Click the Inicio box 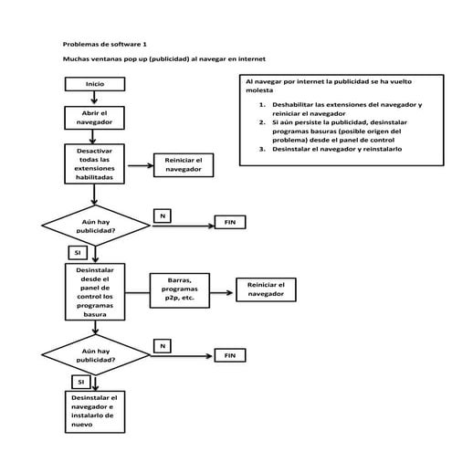[95, 84]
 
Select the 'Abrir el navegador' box [95, 118]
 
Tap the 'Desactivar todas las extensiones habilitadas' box [95, 163]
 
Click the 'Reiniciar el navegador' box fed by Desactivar [183, 165]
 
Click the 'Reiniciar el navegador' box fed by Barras [267, 289]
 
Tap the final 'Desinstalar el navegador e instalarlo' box [95, 412]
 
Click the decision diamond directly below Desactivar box [95, 225]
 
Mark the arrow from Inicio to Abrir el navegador [95, 98]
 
